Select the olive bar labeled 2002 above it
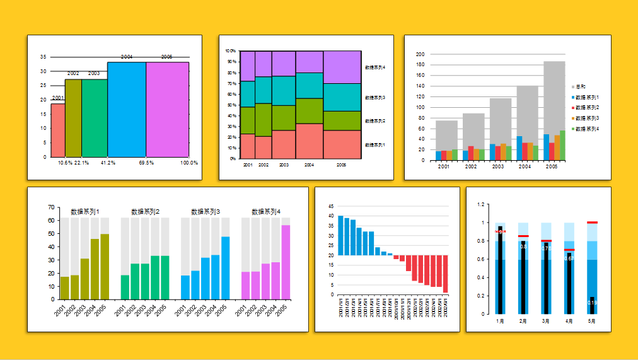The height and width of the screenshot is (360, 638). point(73,117)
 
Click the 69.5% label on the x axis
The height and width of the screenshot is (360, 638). point(146,163)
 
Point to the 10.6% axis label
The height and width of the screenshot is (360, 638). point(65,163)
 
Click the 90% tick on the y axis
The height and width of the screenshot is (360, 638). point(231,62)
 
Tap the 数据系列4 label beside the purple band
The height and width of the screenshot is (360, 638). point(375,67)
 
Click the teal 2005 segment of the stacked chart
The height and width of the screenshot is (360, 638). point(342,97)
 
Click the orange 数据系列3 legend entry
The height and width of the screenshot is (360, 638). point(586,119)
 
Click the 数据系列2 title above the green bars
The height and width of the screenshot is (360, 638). point(145,212)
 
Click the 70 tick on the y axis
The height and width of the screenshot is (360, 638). point(50,207)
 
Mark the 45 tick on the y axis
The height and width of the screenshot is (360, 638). point(332,206)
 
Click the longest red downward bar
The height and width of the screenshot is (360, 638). point(445,274)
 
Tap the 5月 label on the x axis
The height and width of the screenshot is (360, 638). point(591,321)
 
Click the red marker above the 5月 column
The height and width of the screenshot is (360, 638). point(592,223)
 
